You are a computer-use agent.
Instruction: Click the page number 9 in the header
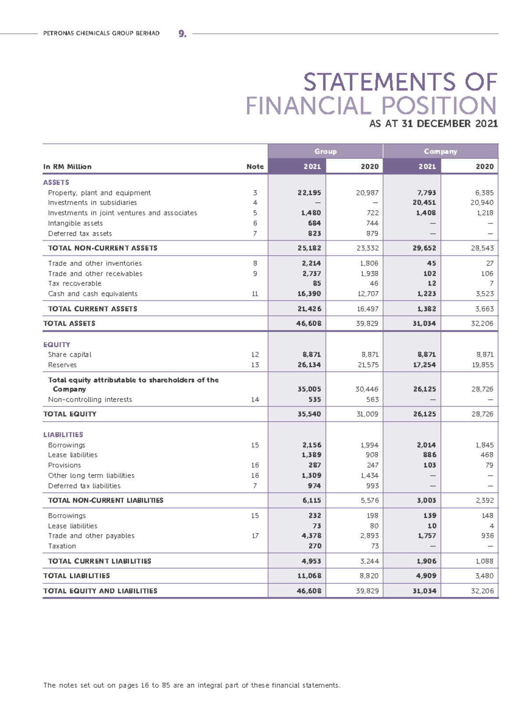182,34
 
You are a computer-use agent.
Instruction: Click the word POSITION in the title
439,106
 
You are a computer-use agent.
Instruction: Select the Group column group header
325,151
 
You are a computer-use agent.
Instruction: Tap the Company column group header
440,151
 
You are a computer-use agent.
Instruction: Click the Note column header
255,167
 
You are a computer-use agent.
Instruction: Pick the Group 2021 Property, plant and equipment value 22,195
309,193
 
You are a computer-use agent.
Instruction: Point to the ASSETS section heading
56,182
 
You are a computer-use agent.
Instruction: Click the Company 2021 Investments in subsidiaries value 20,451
424,203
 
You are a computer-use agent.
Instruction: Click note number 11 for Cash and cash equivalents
255,294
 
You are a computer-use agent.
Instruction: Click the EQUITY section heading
57,345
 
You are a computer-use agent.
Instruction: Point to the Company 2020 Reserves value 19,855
482,365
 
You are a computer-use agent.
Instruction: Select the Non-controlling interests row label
90,400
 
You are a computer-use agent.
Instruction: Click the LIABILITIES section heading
63,434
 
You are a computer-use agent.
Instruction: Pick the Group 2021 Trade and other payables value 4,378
311,536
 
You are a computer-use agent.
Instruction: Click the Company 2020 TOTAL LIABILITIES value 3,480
482,576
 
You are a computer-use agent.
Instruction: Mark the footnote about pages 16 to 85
192,686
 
